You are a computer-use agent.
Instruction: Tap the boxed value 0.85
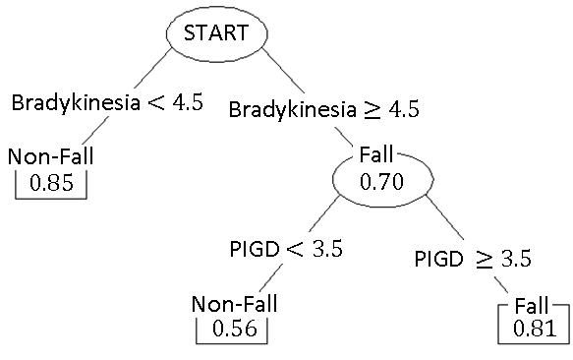51,183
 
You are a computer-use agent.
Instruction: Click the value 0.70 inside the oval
381,182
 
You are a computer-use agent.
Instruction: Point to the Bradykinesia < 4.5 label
106,102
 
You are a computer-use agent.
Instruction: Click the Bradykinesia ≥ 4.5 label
323,108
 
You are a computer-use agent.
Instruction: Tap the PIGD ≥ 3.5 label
473,259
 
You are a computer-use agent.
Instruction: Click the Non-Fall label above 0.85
51,156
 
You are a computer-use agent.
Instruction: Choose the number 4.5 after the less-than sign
185,102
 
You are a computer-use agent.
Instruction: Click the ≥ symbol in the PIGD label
485,259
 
